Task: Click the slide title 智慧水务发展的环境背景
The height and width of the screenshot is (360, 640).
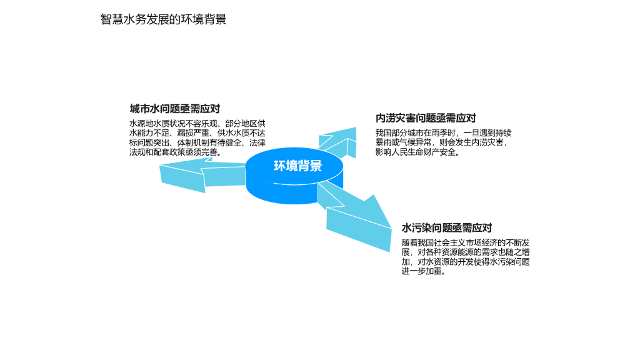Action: pyautogui.click(x=163, y=19)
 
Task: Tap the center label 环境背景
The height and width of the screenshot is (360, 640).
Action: pyautogui.click(x=297, y=166)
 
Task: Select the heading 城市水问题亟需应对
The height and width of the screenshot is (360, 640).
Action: pyautogui.click(x=174, y=109)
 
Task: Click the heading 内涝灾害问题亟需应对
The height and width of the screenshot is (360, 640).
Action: pyautogui.click(x=426, y=118)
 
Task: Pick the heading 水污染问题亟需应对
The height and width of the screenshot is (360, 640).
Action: pyautogui.click(x=446, y=228)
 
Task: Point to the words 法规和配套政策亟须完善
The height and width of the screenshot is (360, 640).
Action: pyautogui.click(x=177, y=152)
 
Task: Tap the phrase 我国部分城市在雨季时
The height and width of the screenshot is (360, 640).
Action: pyautogui.click(x=416, y=132)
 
